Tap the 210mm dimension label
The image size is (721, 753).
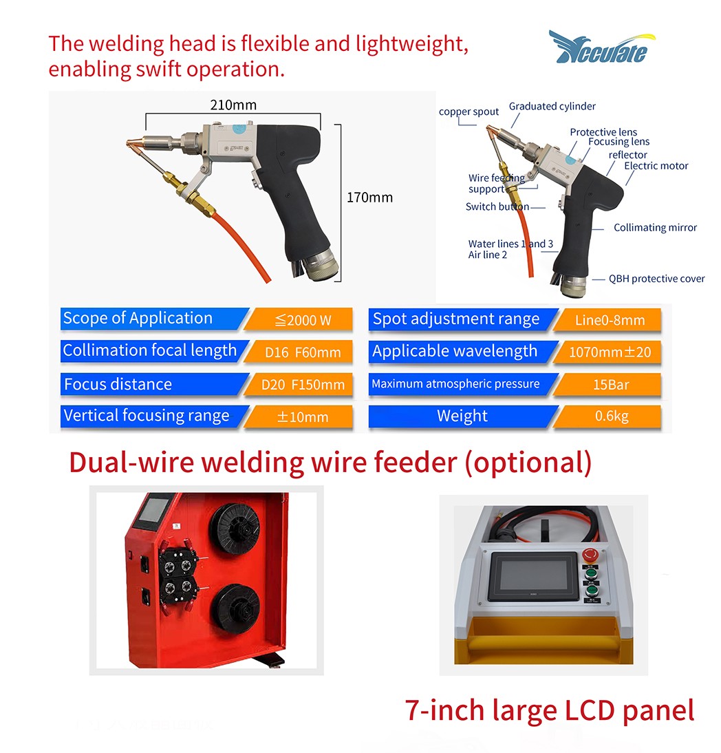[x=233, y=105]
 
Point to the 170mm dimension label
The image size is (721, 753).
[x=369, y=198]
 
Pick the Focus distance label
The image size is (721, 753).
[x=118, y=384]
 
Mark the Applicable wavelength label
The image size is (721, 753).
[x=455, y=352]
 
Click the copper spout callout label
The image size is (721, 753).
[x=469, y=112]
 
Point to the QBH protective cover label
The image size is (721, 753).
[x=657, y=279]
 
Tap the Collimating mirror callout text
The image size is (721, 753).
[x=655, y=228]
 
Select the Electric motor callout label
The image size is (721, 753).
[x=656, y=166]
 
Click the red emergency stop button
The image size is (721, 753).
[x=590, y=555]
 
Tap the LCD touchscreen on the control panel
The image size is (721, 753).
[x=532, y=575]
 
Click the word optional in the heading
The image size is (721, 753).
[x=528, y=463]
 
